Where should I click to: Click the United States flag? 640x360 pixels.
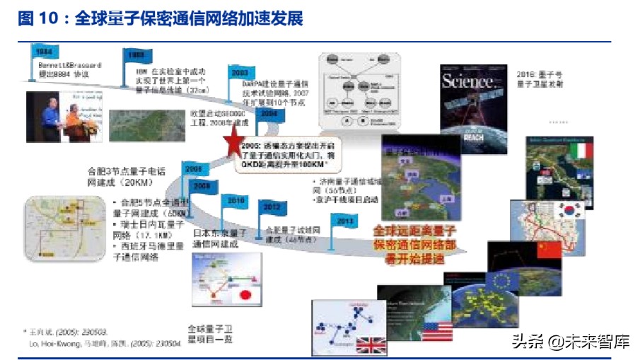click(x=437, y=330)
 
